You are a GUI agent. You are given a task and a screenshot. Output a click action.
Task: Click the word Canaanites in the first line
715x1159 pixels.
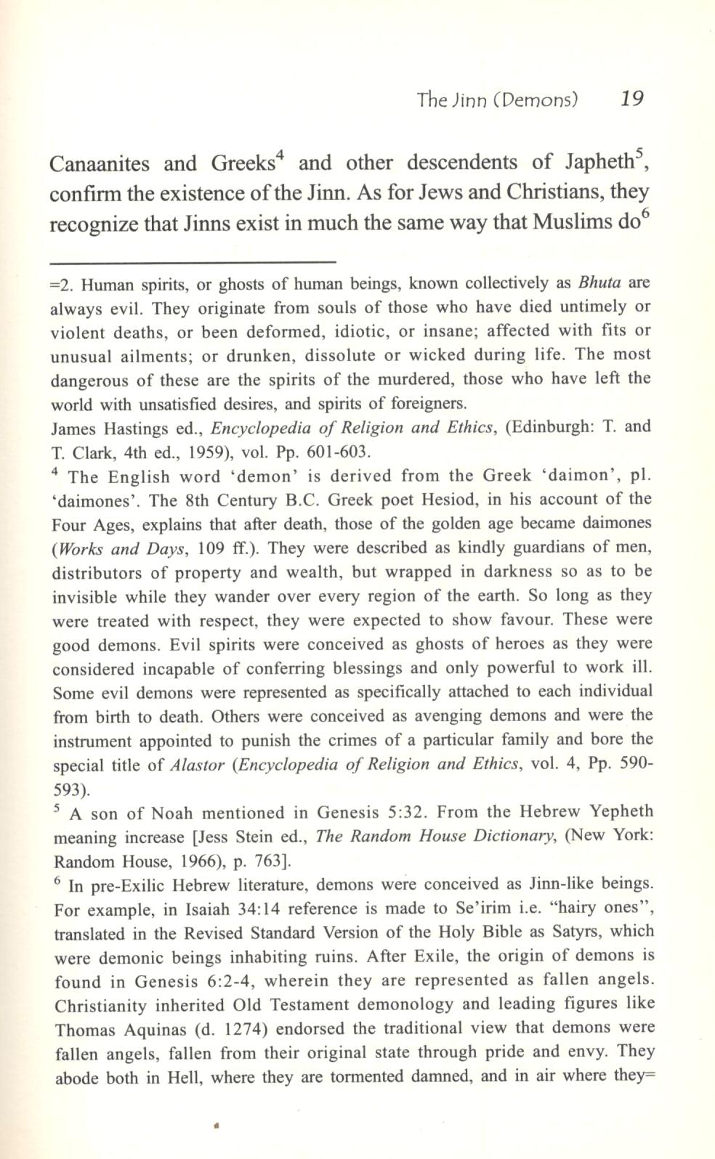(100, 163)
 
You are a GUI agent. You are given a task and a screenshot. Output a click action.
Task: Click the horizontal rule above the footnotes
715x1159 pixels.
(193, 261)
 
